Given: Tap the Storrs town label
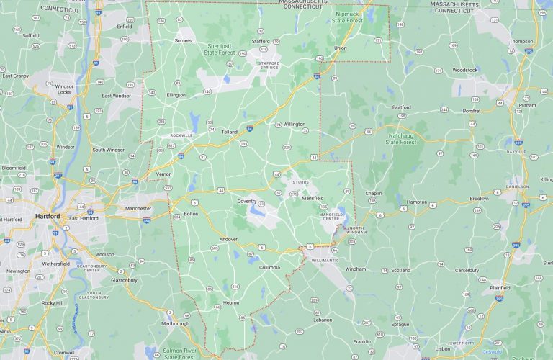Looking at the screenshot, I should click(300, 182).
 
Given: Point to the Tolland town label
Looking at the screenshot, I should click(229, 132).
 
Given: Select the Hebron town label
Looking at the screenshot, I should click(230, 302).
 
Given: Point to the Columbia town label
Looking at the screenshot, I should click(270, 267).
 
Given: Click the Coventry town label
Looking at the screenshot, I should click(247, 201).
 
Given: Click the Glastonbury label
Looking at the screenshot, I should click(125, 279).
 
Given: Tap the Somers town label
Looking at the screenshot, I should click(183, 40).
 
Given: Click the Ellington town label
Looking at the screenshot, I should click(176, 94).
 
